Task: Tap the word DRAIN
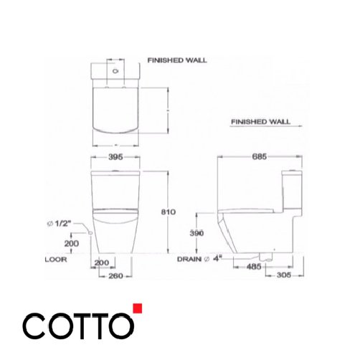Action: point(190,260)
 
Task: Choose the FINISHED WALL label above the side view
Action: point(260,123)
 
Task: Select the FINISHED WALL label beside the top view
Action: point(176,61)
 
